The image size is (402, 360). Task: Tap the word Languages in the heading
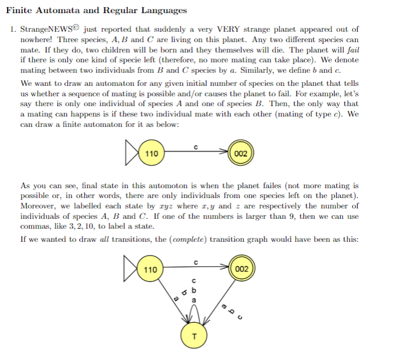click(160, 10)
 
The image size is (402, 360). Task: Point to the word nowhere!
click(37, 40)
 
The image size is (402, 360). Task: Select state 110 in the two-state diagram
click(151, 154)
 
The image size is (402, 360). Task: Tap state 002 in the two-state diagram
click(241, 154)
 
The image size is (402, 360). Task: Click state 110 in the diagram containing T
click(150, 269)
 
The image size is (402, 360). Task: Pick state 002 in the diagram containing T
click(241, 269)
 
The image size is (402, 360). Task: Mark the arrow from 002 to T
click(219, 304)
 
